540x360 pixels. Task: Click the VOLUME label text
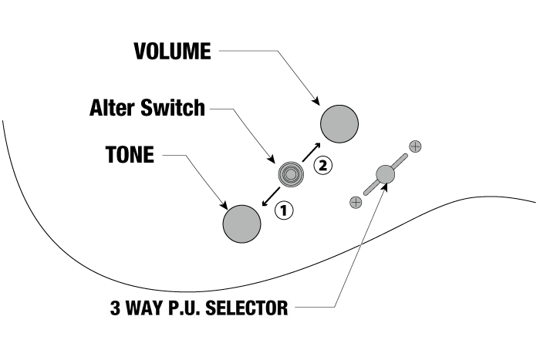[x=171, y=52]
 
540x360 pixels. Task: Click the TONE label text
[x=130, y=155]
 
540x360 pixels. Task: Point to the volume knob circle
[x=339, y=123]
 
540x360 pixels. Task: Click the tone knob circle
[x=242, y=224]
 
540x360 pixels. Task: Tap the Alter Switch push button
[x=291, y=174]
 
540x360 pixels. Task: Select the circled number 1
[x=285, y=209]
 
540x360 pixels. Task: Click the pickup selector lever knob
[x=384, y=175]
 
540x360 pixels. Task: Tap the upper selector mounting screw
[x=415, y=145]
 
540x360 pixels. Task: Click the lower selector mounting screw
[x=355, y=202]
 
